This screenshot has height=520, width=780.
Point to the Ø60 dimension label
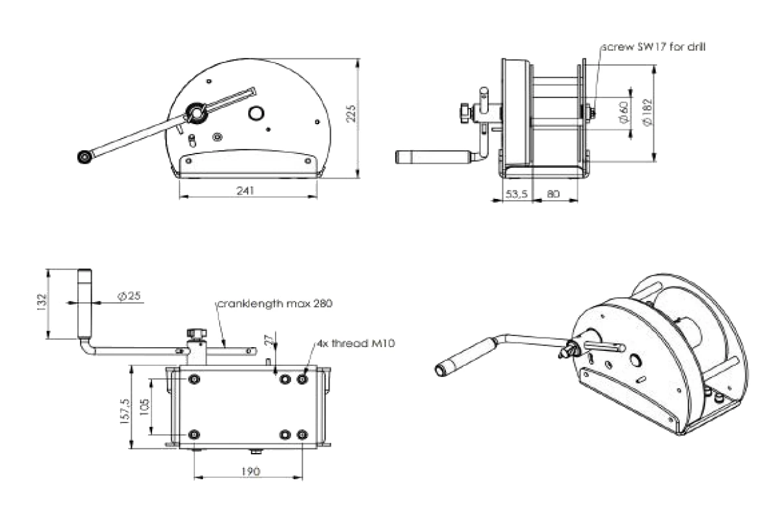pos(622,112)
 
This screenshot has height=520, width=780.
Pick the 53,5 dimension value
pos(517,194)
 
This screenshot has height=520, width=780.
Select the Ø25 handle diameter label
pos(131,296)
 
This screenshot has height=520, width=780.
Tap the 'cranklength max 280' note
pos(276,304)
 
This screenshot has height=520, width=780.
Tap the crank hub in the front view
pos(195,112)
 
